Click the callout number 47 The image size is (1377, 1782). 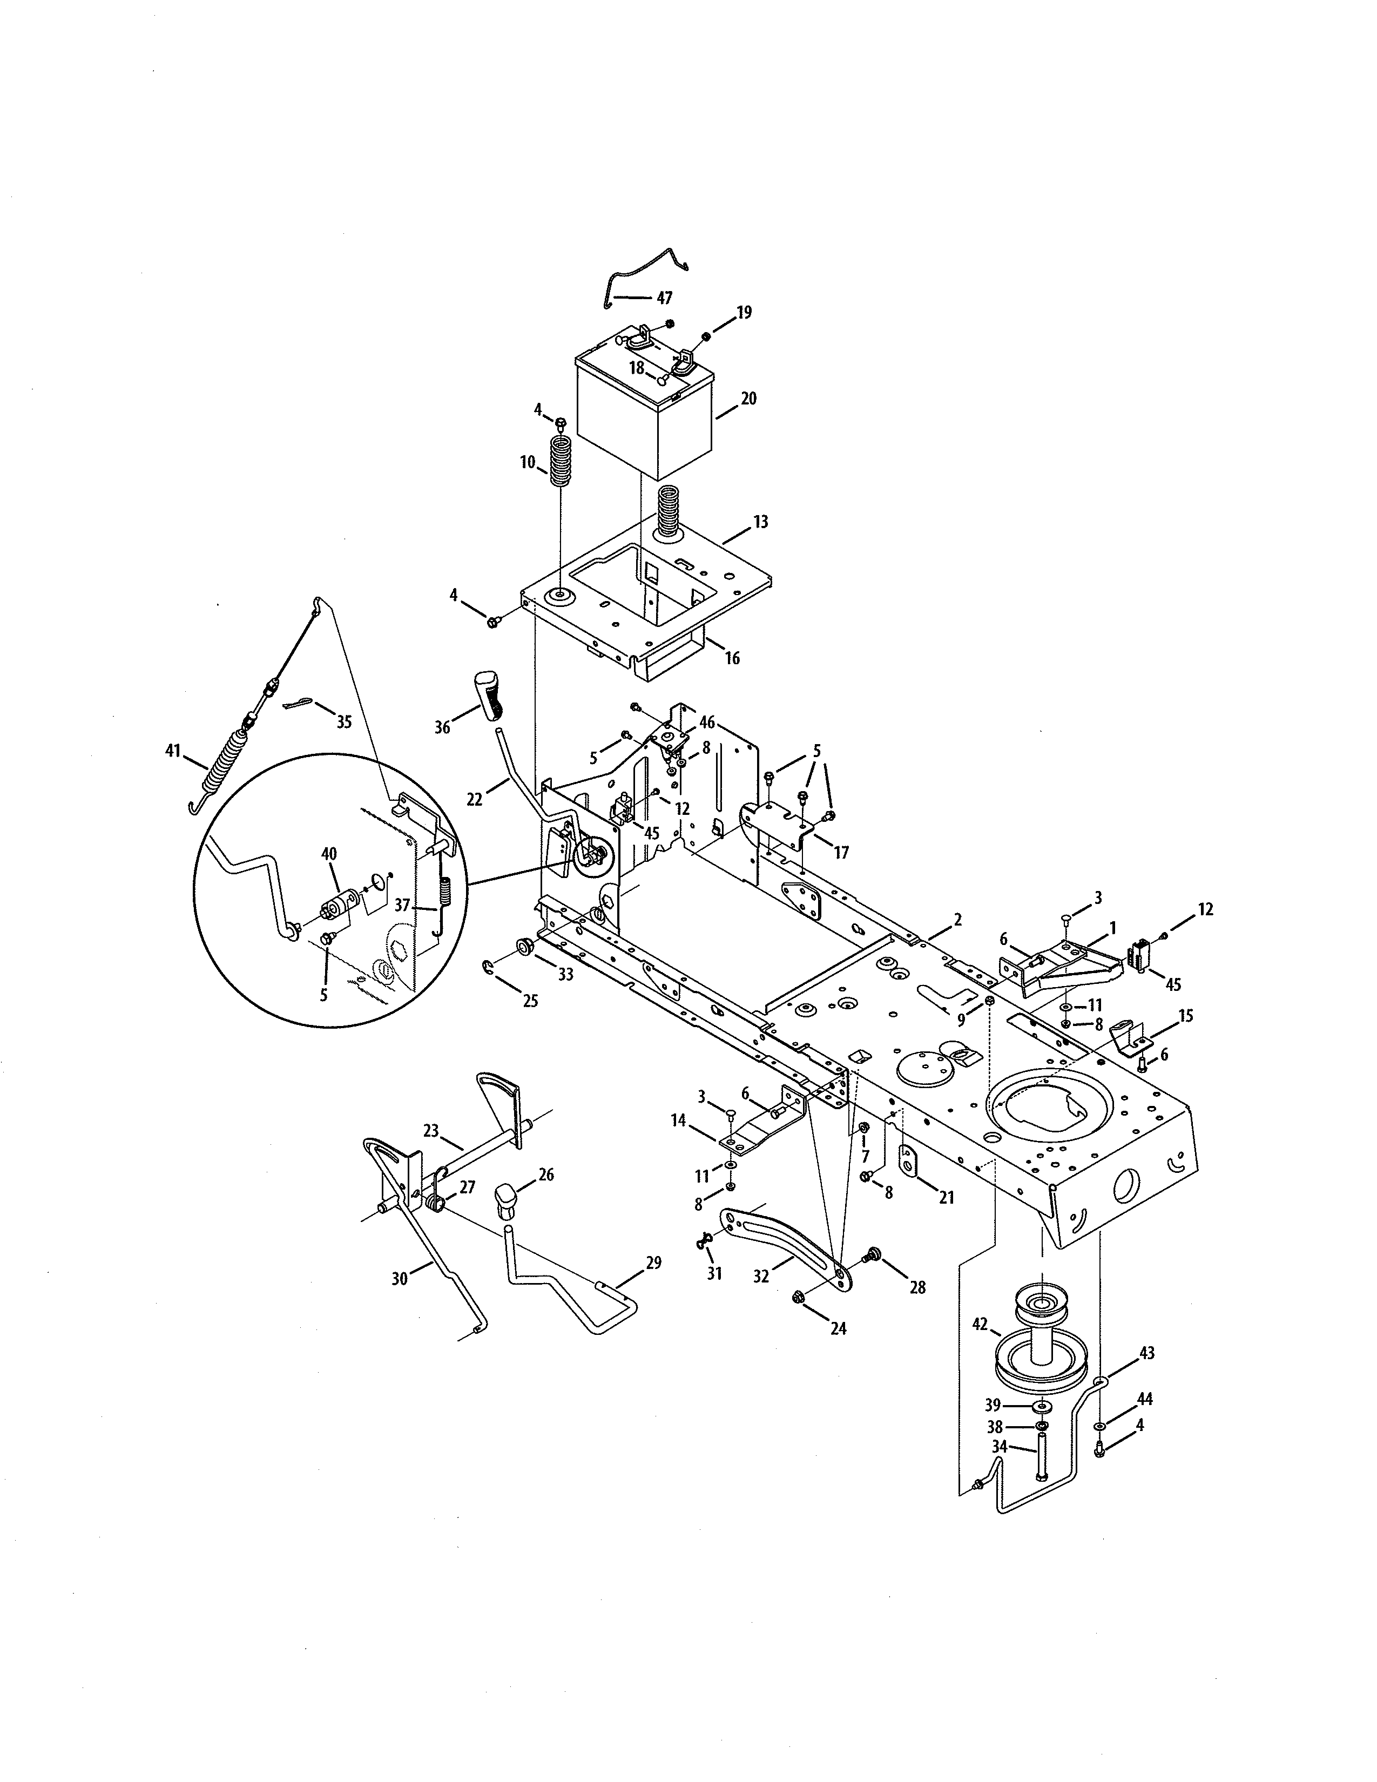[664, 298]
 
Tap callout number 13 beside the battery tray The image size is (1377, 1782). [760, 522]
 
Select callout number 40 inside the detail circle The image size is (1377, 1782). [329, 854]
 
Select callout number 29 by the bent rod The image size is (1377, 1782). [653, 1263]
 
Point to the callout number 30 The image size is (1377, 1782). [399, 1279]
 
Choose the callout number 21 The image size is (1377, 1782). [946, 1198]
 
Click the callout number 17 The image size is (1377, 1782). [841, 853]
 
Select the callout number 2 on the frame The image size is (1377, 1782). [957, 920]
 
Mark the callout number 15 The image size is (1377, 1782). [1185, 1016]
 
